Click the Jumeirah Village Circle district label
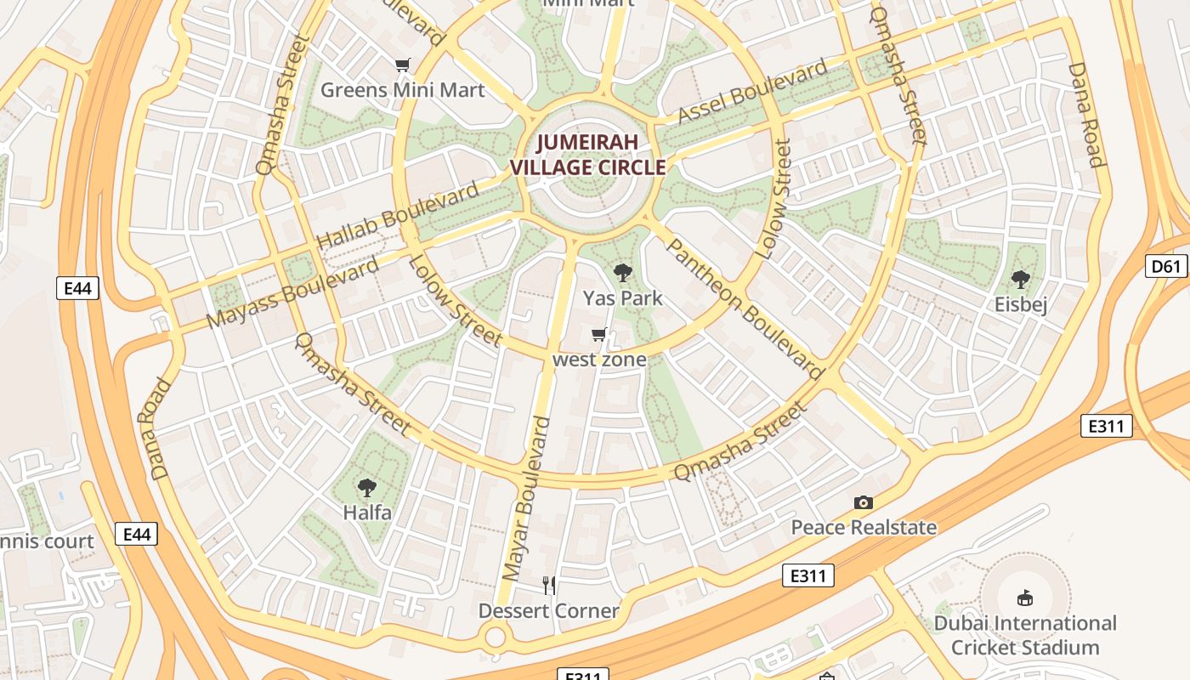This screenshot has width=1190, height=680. (587, 155)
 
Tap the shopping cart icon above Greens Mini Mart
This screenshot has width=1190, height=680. (403, 65)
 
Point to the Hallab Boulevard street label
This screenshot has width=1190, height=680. (398, 216)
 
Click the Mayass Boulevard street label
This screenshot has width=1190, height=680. (293, 292)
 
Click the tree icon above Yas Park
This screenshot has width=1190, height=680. (623, 273)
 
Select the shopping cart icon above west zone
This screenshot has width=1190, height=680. (599, 335)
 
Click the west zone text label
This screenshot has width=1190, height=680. (599, 360)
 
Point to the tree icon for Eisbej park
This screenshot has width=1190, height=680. (1020, 279)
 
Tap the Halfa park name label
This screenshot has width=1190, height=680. (367, 513)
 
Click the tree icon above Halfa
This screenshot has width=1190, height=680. (367, 488)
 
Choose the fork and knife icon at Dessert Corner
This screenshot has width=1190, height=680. (549, 585)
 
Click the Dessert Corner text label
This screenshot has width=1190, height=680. (549, 611)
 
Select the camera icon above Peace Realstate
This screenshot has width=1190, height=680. (864, 503)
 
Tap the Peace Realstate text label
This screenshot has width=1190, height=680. (864, 528)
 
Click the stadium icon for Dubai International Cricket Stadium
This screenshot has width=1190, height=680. (1025, 598)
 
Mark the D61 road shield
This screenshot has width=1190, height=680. (1166, 267)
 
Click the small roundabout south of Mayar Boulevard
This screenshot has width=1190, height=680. (494, 637)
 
